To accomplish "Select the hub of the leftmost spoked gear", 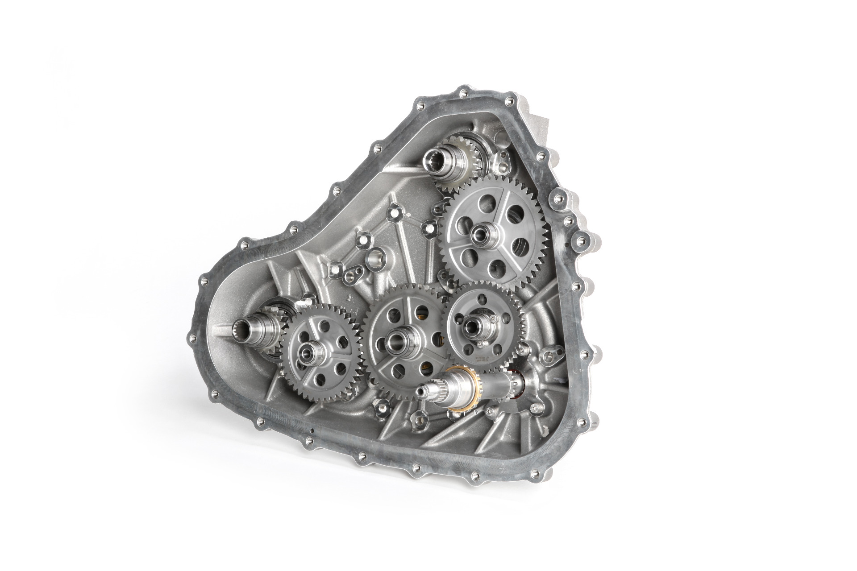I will (x=308, y=360).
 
